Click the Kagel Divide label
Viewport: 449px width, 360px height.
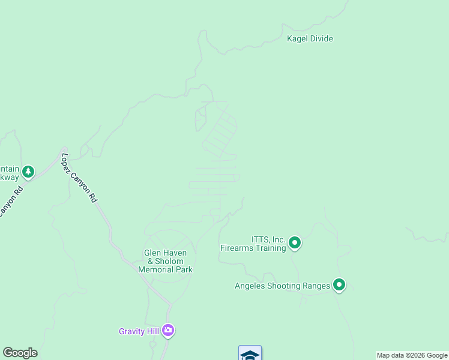310,39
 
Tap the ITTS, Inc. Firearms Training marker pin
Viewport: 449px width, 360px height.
294,243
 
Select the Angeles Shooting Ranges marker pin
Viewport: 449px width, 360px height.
339,285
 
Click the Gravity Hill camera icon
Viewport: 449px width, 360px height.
169,331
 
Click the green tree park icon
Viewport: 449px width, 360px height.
28,173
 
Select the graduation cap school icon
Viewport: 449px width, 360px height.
250,354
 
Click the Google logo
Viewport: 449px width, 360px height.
20,353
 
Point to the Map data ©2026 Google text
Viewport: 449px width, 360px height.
412,356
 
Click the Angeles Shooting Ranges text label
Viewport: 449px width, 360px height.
282,286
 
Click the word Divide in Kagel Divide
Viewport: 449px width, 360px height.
321,39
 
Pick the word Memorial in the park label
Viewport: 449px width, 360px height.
156,270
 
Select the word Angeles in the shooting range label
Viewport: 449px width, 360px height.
251,286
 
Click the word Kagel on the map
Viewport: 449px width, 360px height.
297,39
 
